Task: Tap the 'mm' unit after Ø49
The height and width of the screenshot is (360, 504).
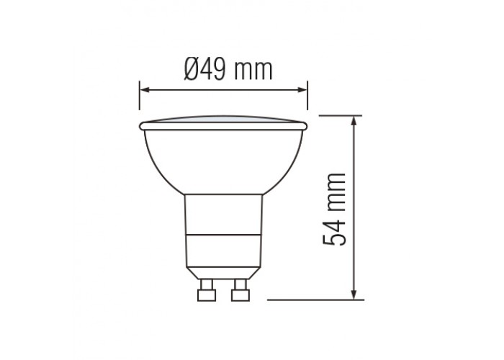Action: click(253, 70)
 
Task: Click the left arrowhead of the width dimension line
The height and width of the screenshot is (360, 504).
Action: click(143, 90)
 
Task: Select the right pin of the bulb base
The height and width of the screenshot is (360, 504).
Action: click(240, 292)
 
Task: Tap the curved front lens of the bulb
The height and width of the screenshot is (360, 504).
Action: click(223, 118)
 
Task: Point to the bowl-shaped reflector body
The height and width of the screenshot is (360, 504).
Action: click(223, 158)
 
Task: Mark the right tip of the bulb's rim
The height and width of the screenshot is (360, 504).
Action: click(307, 127)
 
